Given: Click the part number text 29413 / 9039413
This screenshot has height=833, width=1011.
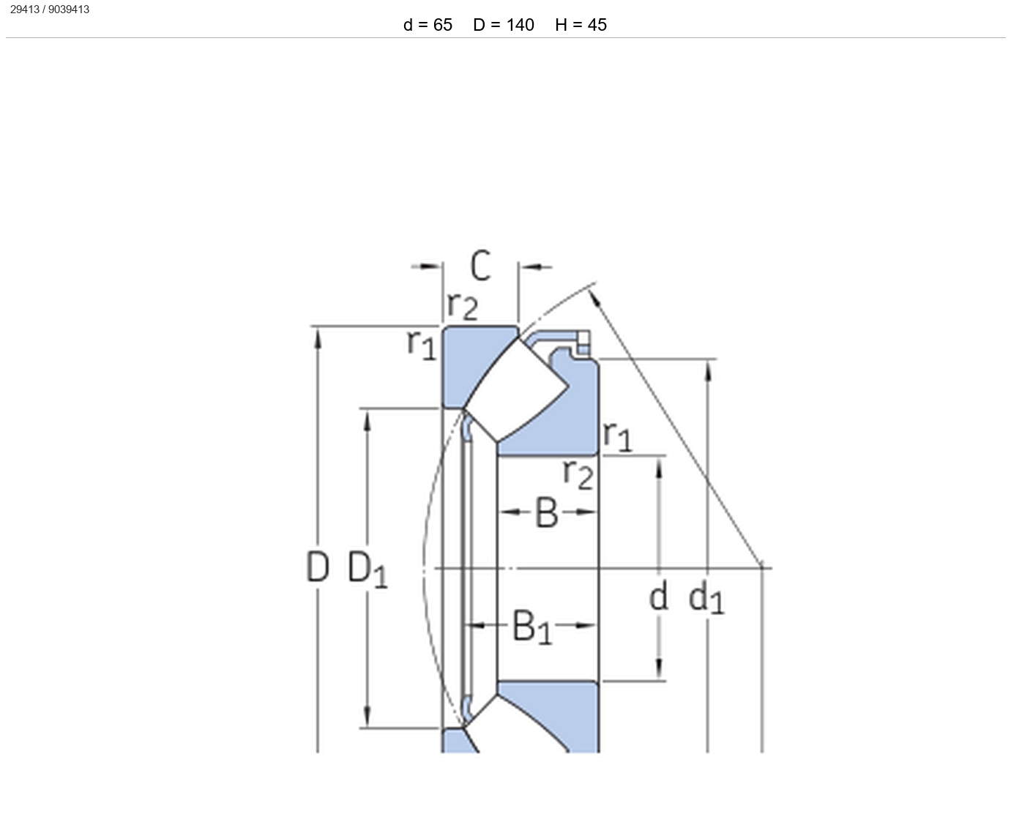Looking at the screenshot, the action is pos(49,10).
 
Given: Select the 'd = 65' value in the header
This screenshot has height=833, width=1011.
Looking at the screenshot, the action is pos(428,25).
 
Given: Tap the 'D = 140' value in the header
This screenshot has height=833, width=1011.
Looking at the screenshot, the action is pos(504,25).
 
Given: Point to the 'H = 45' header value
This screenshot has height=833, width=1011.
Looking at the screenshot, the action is pos(581,25).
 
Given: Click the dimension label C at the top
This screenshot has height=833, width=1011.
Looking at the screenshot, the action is pos(481,266).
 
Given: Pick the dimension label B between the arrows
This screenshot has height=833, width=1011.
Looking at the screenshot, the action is pos(547,512).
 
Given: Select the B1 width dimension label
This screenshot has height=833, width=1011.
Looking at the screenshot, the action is pos(531,627).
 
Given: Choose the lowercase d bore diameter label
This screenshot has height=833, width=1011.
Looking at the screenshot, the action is pos(659,596).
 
